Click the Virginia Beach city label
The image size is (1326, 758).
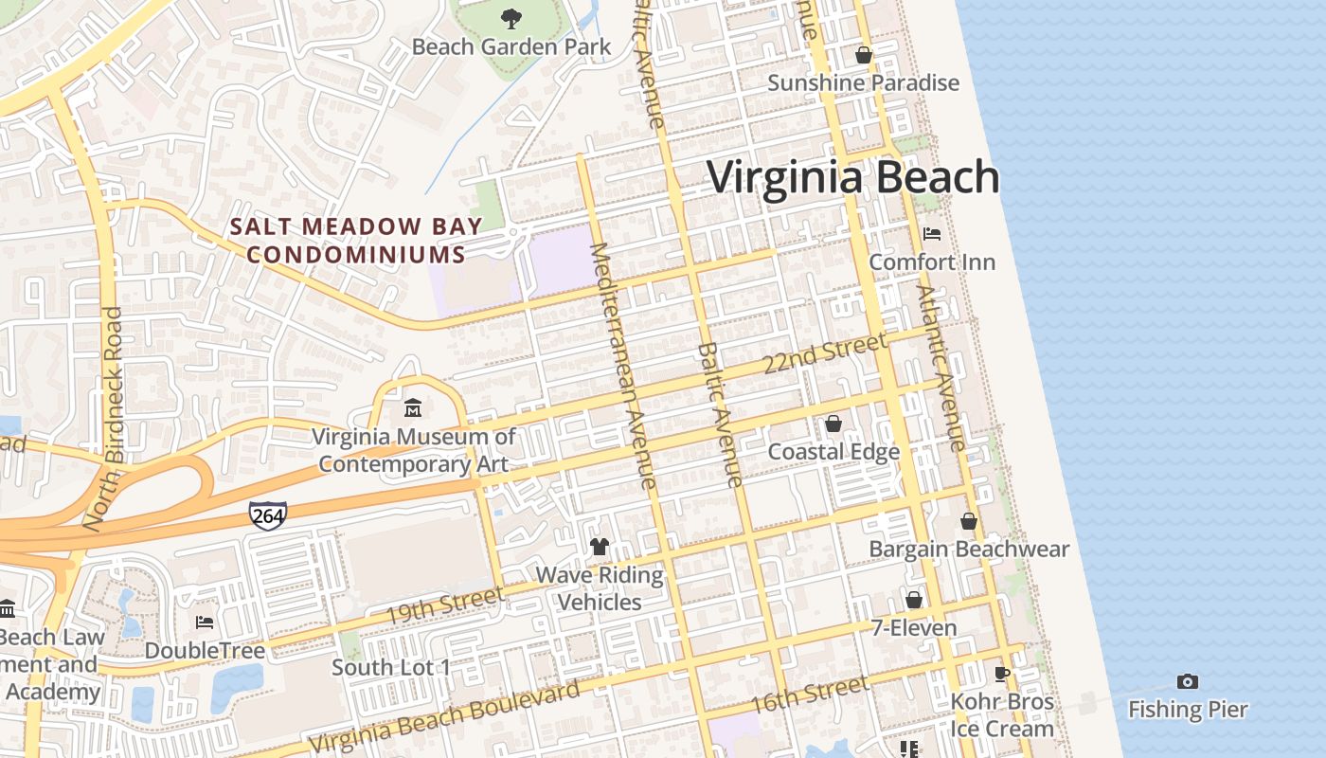(852, 178)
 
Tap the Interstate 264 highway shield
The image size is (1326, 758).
(268, 514)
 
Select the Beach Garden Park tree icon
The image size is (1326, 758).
(511, 18)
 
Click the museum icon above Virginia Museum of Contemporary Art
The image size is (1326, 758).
(413, 408)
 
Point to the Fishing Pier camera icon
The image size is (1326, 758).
(1187, 681)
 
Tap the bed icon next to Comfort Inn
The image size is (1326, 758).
(932, 233)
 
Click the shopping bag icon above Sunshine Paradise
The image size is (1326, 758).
(863, 55)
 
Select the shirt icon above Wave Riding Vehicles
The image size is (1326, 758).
(600, 547)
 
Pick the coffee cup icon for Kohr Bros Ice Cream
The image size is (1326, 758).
(1002, 674)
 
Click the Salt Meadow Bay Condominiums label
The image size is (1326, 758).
(356, 241)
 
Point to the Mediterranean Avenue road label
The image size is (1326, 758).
(623, 365)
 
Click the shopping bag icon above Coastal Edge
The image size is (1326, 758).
(833, 424)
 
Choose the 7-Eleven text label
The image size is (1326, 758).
(913, 628)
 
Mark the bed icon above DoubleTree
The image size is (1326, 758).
(205, 623)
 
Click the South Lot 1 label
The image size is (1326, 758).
(390, 667)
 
